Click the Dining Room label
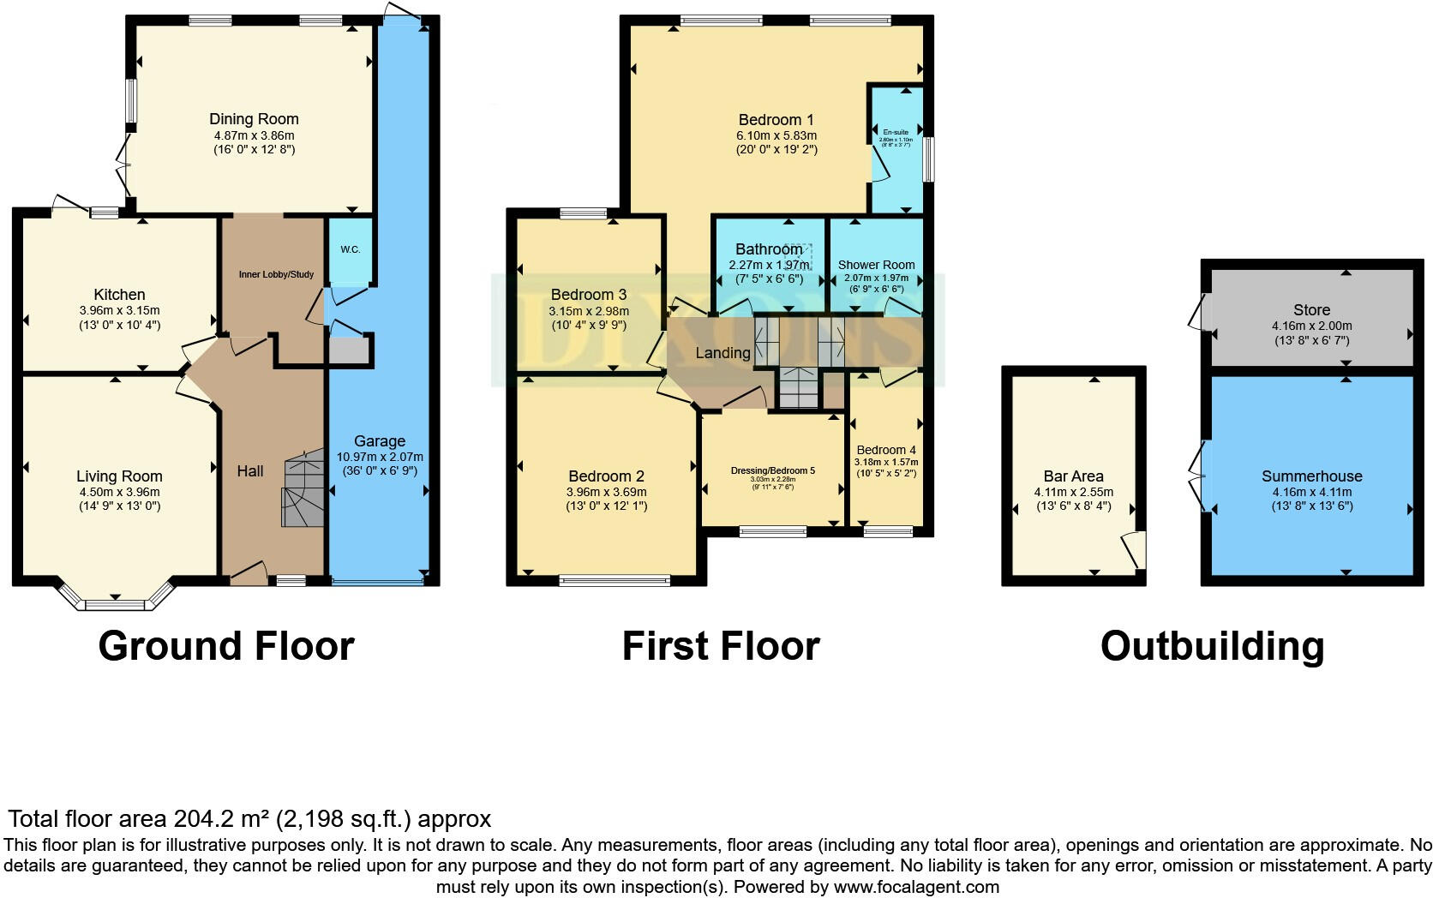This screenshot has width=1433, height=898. pyautogui.click(x=254, y=119)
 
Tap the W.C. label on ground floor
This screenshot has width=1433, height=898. pyautogui.click(x=350, y=249)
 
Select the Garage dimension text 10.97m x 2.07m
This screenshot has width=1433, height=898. pyautogui.click(x=380, y=457)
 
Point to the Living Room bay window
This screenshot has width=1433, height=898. pyautogui.click(x=115, y=602)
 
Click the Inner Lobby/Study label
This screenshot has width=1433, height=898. pyautogui.click(x=276, y=274)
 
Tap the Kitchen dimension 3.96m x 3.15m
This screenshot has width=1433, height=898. pyautogui.click(x=119, y=310)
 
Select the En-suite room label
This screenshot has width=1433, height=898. pyautogui.click(x=896, y=133)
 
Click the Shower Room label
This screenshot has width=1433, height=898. pyautogui.click(x=876, y=265)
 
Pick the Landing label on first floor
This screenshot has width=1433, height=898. pyautogui.click(x=722, y=352)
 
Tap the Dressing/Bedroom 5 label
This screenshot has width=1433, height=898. pyautogui.click(x=772, y=470)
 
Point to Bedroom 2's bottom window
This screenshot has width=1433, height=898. pyautogui.click(x=614, y=581)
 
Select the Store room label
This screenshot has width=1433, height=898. pyautogui.click(x=1311, y=310)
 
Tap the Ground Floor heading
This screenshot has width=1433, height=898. pyautogui.click(x=226, y=646)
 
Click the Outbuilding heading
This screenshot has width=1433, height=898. pyautogui.click(x=1212, y=646)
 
